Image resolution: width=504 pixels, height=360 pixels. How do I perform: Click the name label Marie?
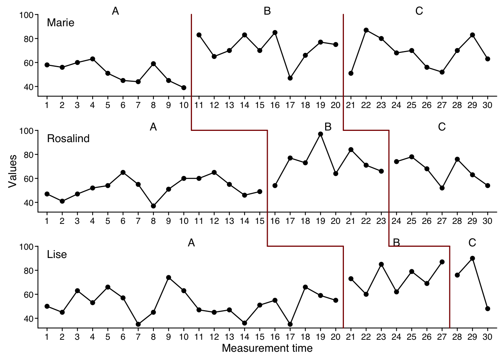point(60,23)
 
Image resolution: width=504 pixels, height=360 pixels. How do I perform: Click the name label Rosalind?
point(68,139)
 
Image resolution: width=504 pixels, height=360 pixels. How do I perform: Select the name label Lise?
point(57,255)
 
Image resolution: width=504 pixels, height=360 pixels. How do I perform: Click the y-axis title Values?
point(13,171)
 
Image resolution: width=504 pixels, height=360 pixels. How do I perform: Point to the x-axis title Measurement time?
point(267,348)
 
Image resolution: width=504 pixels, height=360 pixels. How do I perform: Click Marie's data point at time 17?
point(290,78)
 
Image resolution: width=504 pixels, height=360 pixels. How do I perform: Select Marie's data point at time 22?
point(366,30)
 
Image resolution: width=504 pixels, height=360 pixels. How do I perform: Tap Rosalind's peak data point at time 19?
point(320,134)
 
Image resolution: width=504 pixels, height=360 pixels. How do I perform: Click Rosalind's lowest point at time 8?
point(153,206)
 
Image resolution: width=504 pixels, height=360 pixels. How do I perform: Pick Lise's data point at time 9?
point(168,277)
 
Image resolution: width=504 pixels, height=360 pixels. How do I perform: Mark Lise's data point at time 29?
point(472,258)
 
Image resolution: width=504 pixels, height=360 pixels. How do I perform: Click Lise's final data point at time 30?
point(487,309)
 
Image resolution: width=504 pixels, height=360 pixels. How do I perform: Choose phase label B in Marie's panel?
point(267,11)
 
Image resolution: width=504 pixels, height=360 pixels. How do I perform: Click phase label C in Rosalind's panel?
point(442,127)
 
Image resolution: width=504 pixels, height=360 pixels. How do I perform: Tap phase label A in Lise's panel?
point(191,243)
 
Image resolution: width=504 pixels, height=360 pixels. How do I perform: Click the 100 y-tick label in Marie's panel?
point(27,15)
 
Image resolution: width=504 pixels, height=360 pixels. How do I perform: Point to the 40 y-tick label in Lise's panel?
point(28,318)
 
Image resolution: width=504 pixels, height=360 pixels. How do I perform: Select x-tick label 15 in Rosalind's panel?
point(259,221)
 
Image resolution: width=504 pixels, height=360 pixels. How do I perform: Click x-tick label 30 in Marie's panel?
point(487,105)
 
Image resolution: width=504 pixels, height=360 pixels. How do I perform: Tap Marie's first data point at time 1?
point(47,65)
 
